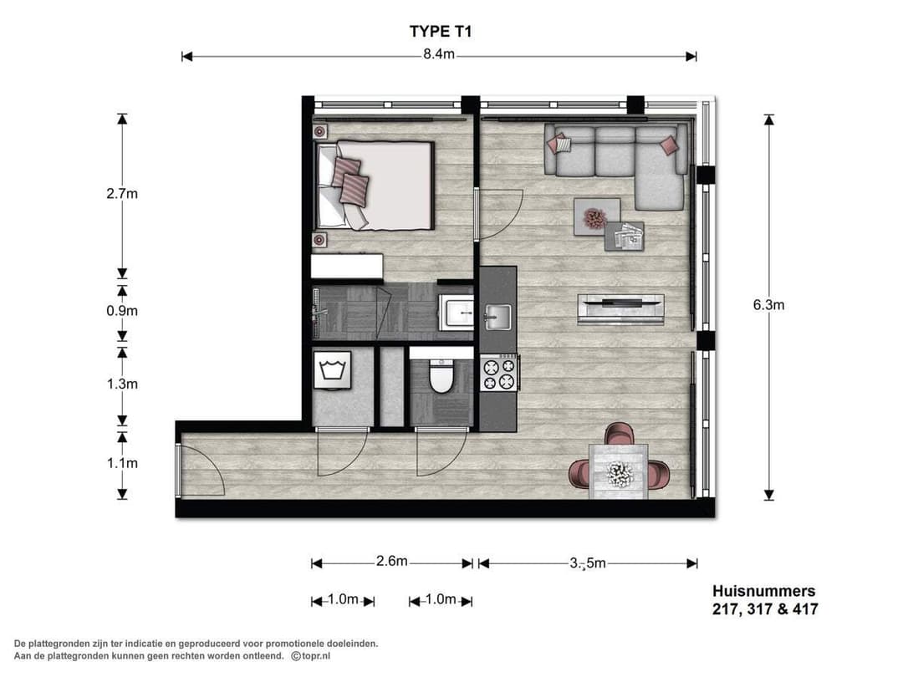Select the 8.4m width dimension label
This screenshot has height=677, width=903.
(x=438, y=56)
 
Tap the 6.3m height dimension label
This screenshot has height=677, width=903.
(x=768, y=305)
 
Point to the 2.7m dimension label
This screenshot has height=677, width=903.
(x=122, y=194)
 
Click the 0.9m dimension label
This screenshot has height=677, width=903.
(x=122, y=310)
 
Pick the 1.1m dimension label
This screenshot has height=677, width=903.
(x=122, y=462)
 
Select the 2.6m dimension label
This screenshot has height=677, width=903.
(x=391, y=562)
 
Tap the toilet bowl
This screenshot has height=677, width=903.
(x=441, y=379)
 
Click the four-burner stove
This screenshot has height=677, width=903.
(x=499, y=373)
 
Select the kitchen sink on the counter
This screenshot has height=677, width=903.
(x=498, y=316)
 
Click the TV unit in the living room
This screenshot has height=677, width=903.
(x=620, y=308)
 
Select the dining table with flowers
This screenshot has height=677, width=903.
(x=620, y=473)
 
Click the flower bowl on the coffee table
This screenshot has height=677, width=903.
(x=594, y=218)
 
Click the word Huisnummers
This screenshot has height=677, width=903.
(x=763, y=592)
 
